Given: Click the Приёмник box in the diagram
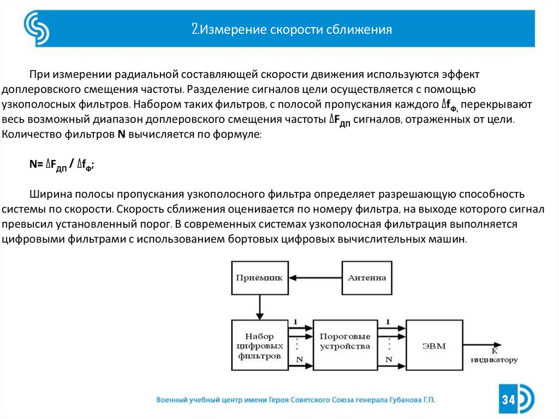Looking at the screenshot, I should (x=259, y=278).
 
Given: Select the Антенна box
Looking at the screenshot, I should (x=367, y=278).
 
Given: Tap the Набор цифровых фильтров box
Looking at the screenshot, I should (x=259, y=346).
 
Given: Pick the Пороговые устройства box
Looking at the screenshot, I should (x=345, y=341).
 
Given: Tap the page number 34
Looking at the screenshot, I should (x=509, y=400).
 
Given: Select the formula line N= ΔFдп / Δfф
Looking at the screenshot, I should (x=62, y=164).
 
